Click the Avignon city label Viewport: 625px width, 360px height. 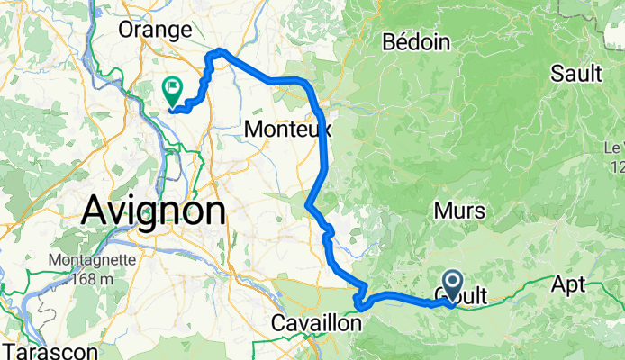tap(153, 212)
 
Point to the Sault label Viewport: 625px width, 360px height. tap(577, 74)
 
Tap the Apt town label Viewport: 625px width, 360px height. tap(568, 283)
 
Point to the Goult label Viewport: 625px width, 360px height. tap(464, 295)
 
